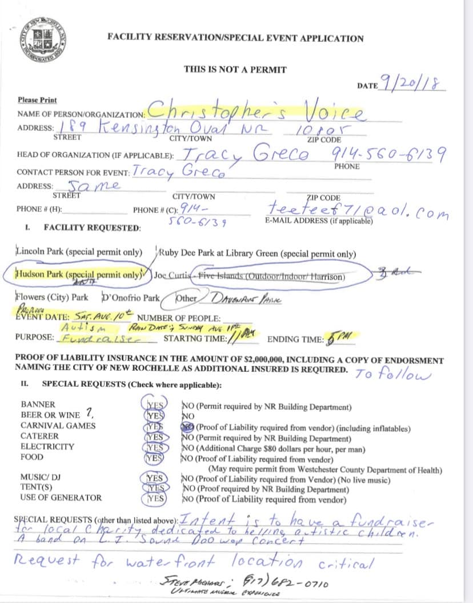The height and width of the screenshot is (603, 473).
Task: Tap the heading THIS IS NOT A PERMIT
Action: tap(235, 69)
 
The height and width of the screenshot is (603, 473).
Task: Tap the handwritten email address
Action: tap(357, 210)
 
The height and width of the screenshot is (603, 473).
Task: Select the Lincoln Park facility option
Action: tap(79, 252)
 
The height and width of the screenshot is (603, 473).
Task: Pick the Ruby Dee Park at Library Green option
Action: tap(256, 253)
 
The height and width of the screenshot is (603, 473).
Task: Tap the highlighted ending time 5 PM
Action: tap(336, 338)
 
